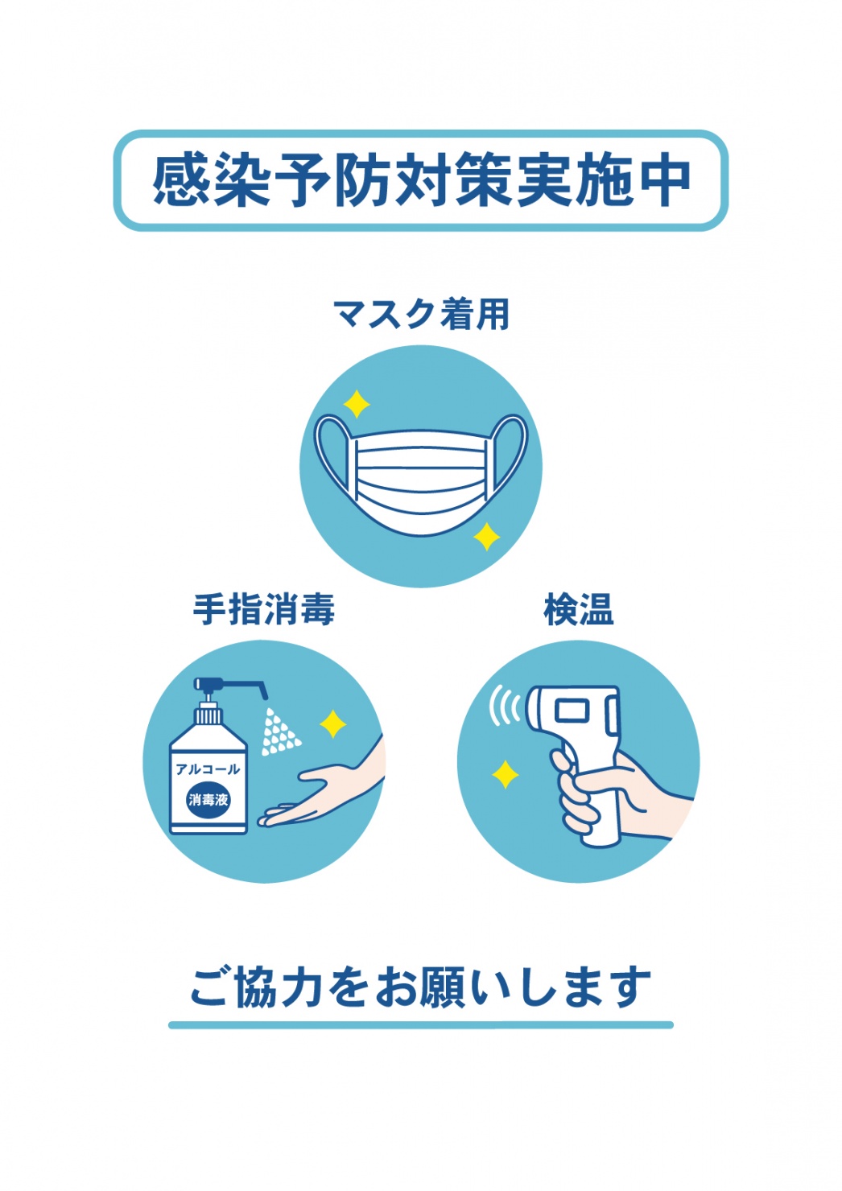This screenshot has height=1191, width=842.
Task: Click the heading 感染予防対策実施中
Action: click(x=421, y=179)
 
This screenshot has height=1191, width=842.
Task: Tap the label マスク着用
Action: click(x=421, y=314)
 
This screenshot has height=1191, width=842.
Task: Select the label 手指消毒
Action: click(x=264, y=609)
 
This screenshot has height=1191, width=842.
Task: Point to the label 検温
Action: click(x=579, y=609)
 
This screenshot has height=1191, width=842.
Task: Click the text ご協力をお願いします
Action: click(x=421, y=988)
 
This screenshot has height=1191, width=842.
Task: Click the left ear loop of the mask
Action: click(x=333, y=452)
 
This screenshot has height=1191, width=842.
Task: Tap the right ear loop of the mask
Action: click(x=509, y=452)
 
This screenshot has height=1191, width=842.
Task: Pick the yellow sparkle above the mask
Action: click(x=356, y=404)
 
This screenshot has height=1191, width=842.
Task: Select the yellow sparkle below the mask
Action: click(x=486, y=537)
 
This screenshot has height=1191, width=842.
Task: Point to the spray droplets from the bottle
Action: click(x=280, y=731)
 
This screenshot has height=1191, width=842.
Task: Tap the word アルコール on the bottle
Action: click(x=208, y=769)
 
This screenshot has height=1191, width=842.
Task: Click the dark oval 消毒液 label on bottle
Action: click(x=208, y=798)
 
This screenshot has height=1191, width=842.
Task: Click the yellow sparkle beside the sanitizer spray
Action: click(x=333, y=723)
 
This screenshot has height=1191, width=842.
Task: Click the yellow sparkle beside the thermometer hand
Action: click(x=505, y=774)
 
